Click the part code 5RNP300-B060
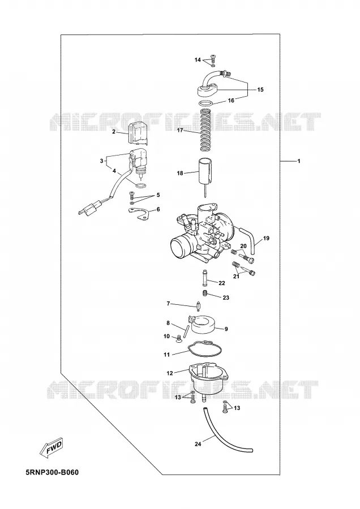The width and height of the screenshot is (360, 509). coord(53,472)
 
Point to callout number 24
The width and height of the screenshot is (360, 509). coord(198,444)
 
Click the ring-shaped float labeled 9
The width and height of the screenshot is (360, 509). coord(204,325)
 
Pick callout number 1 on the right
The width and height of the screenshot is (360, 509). coord(299,161)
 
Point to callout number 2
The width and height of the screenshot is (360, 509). coord(114,131)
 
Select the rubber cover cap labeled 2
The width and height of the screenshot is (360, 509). coord(138,133)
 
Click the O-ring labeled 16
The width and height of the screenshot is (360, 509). coord(207,103)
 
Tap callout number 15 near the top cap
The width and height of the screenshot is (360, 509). coord(260,89)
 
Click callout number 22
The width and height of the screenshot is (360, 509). coord(222,283)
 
